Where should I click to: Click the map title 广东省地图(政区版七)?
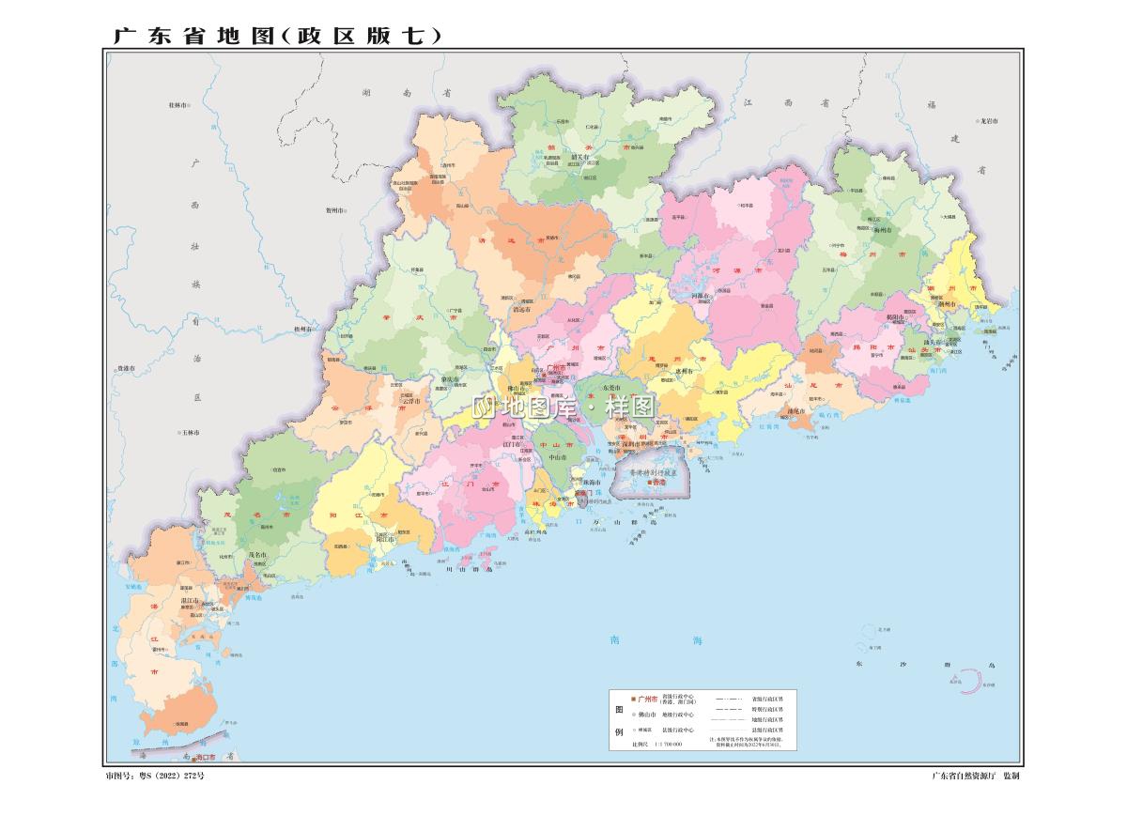pyautogui.click(x=277, y=36)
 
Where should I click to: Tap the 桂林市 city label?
pyautogui.click(x=178, y=106)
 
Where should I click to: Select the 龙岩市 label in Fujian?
pyautogui.click(x=987, y=121)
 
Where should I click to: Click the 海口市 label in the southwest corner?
pyautogui.click(x=201, y=757)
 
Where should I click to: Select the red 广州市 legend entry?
pyautogui.click(x=647, y=699)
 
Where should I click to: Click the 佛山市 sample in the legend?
pyautogui.click(x=647, y=715)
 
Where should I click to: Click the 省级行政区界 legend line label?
pyautogui.click(x=766, y=699)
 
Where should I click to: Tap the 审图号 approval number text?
pyautogui.click(x=155, y=777)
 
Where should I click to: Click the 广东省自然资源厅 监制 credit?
pyautogui.click(x=975, y=777)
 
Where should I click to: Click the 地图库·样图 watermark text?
pyautogui.click(x=563, y=408)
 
